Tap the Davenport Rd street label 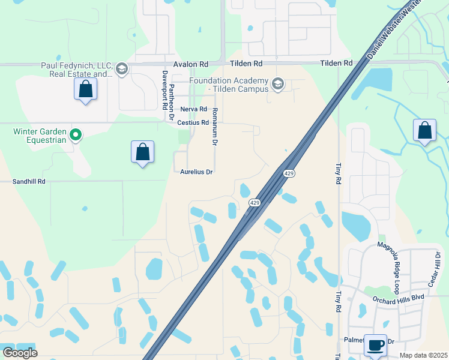pyautogui.click(x=164, y=90)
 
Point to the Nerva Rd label pyautogui.click(x=193, y=110)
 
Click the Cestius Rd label pyautogui.click(x=193, y=122)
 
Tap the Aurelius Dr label pyautogui.click(x=197, y=172)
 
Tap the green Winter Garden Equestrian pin pyautogui.click(x=76, y=135)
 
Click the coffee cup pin pyautogui.click(x=376, y=345)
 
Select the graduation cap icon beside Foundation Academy pyautogui.click(x=277, y=83)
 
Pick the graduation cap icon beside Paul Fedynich pyautogui.click(x=122, y=70)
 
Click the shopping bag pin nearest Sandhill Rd pyautogui.click(x=143, y=152)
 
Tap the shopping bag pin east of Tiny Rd pyautogui.click(x=424, y=130)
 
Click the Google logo pyautogui.click(x=20, y=353)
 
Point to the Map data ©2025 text pyautogui.click(x=423, y=355)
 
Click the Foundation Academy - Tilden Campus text pyautogui.click(x=228, y=85)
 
